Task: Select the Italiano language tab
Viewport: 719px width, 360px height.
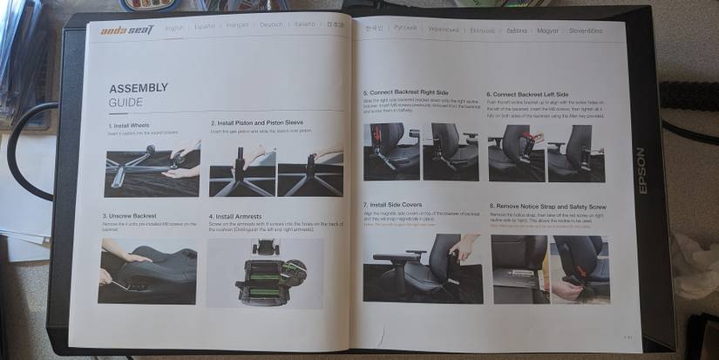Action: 304,25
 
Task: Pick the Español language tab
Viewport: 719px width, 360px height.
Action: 204,27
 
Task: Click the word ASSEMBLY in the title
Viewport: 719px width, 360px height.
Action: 139,89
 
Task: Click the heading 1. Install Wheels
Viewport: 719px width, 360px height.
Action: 125,126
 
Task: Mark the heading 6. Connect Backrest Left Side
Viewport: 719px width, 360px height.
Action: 529,94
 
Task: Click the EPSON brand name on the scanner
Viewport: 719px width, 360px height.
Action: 641,170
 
